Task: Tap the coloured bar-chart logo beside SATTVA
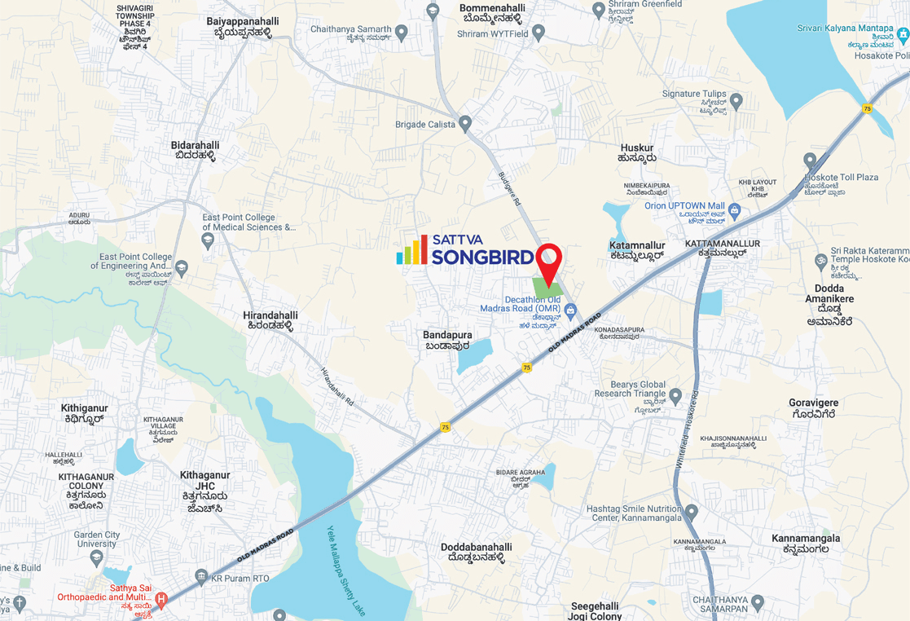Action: [412, 251]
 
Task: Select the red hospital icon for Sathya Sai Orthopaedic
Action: [161, 601]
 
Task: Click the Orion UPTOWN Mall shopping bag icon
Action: [736, 211]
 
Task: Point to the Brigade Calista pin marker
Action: [465, 124]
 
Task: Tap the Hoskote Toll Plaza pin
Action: [810, 161]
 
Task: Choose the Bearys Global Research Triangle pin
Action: [675, 396]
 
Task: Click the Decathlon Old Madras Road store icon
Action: [571, 310]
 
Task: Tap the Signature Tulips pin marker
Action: [736, 102]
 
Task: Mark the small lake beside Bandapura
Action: [475, 355]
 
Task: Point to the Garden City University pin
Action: [97, 557]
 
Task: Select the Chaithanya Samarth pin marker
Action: [401, 33]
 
